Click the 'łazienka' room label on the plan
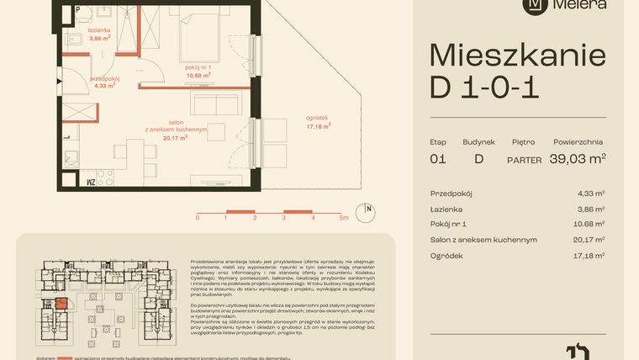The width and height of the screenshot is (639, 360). point(100,29)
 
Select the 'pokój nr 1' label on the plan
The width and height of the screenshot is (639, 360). point(198,66)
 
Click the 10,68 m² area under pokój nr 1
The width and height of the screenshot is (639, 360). point(198,74)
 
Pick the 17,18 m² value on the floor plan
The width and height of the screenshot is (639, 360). point(318,126)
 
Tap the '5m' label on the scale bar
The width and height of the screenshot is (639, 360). point(344,217)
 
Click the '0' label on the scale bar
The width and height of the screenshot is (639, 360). point(198,217)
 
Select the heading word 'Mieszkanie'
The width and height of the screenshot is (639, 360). point(517,56)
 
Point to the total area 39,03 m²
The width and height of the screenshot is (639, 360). point(578,158)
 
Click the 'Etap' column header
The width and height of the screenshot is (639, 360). point(437,142)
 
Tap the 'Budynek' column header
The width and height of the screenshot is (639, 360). point(478,142)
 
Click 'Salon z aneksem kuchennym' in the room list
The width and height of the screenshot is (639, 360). point(483,240)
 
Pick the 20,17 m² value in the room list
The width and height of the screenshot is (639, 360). point(589,240)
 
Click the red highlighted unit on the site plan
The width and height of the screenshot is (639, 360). point(60,302)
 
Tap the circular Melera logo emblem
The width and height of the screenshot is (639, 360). point(533,4)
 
